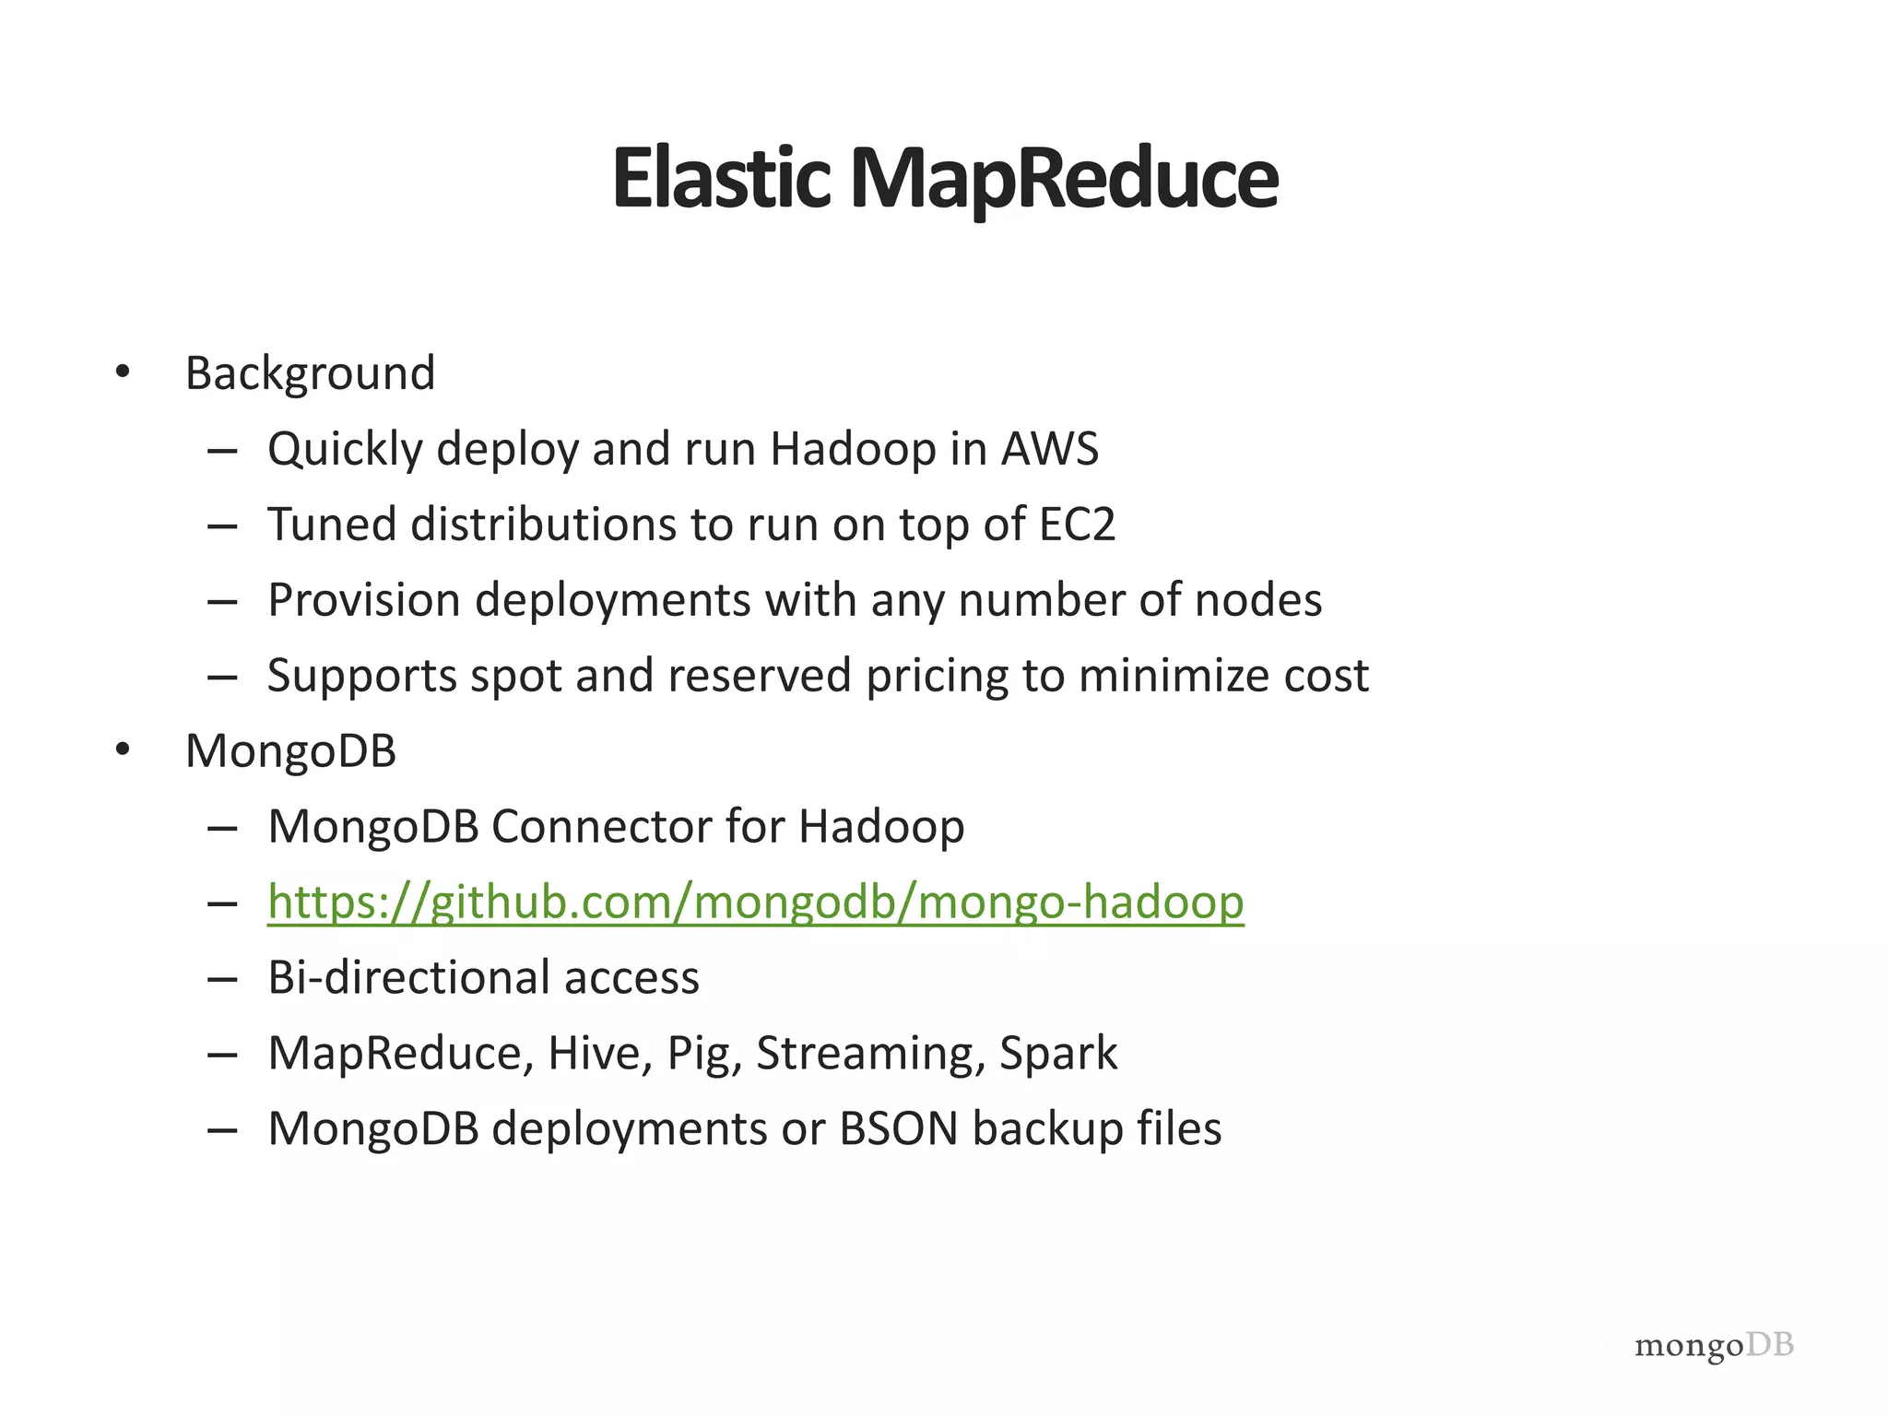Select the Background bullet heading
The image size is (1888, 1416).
[x=310, y=374]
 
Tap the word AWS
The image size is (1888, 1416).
[x=1050, y=449]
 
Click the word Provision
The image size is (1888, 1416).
[x=364, y=600]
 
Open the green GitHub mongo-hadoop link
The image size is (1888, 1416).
[x=755, y=902]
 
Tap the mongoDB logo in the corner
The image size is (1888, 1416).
[x=1714, y=1347]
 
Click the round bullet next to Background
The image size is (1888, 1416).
[x=123, y=373]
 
